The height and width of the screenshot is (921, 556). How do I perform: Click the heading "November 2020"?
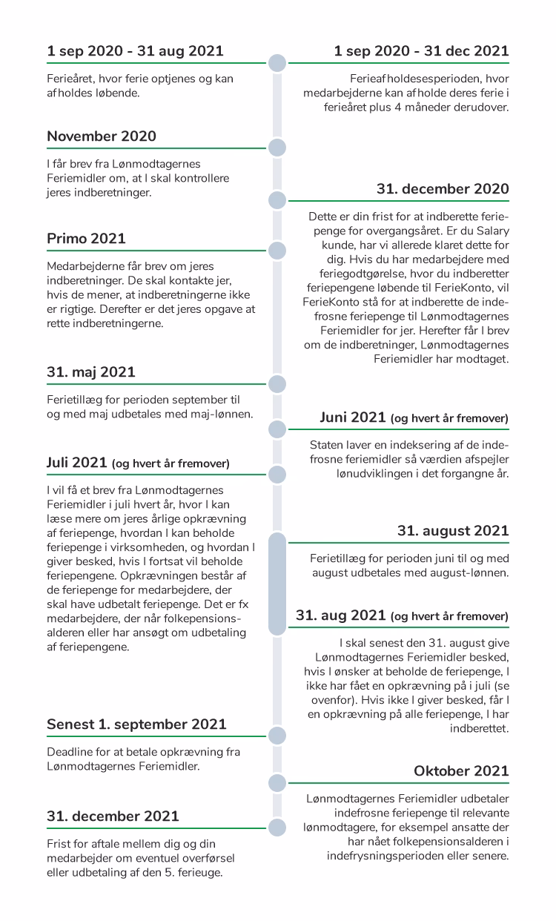pyautogui.click(x=101, y=136)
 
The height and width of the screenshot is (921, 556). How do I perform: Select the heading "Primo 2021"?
pyautogui.click(x=86, y=239)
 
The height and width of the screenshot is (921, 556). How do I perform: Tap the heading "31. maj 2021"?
pyautogui.click(x=90, y=372)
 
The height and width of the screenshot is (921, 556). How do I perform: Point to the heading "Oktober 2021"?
pyautogui.click(x=461, y=771)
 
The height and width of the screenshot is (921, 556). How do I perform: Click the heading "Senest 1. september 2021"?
pyautogui.click(x=136, y=724)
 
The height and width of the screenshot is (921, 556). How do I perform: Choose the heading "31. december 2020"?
pyautogui.click(x=443, y=189)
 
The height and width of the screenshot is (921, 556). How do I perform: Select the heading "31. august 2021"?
pyautogui.click(x=453, y=530)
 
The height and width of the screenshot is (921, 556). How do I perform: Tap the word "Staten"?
pyautogui.click(x=327, y=446)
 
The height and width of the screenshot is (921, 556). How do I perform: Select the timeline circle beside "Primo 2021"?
pyautogui.click(x=277, y=249)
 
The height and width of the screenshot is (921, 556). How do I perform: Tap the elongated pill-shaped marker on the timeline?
pyautogui.click(x=277, y=584)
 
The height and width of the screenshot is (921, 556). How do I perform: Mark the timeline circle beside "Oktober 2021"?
pyautogui.click(x=277, y=782)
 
